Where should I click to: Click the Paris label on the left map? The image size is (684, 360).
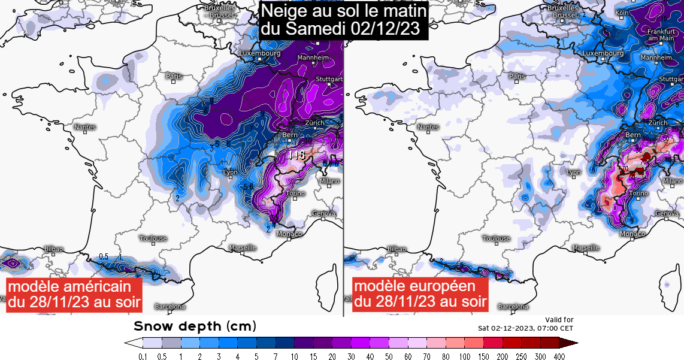pos(174,76)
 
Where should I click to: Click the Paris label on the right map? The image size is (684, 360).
pos(517,76)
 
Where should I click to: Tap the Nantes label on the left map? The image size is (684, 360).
pos(84,127)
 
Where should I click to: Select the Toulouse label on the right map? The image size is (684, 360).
pos(496,238)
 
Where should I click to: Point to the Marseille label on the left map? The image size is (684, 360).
pos(243,247)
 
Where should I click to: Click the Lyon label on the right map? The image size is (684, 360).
pos(574,173)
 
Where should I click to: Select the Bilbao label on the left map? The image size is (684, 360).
pos(53,249)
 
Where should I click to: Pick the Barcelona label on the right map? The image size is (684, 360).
pos(514,307)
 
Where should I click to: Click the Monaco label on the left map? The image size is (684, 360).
pos(289,234)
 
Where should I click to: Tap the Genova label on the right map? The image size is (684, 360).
pos(667,214)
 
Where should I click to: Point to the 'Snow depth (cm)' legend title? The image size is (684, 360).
pos(195,326)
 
